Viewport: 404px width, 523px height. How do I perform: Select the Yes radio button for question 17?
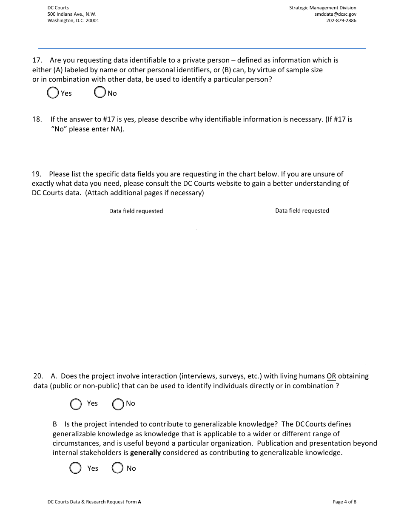pos(53,93)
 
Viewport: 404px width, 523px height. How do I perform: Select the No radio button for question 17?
pos(100,92)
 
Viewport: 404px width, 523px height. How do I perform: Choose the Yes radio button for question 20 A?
pos(76,404)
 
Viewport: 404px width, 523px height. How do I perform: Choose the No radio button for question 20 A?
pos(118,404)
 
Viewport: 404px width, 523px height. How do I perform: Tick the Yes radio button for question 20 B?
pos(75,468)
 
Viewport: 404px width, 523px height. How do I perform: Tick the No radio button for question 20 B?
pos(118,468)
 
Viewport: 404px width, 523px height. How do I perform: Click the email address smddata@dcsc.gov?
pos(335,14)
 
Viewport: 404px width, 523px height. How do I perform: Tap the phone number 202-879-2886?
pos(341,20)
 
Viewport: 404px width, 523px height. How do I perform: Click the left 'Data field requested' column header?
pos(136,211)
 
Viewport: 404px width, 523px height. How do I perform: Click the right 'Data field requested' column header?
pos(302,210)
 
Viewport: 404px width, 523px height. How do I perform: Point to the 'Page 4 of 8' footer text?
pos(344,502)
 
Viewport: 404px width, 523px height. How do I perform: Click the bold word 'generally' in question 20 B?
pos(145,453)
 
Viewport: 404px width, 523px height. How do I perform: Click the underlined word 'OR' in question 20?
pos(331,376)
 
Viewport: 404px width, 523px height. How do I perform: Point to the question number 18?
pos(37,119)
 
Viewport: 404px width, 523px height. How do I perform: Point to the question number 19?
pos(37,174)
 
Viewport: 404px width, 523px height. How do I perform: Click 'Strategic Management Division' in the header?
pos(323,8)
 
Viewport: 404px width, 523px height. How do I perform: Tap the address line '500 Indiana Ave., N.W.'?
pos(71,14)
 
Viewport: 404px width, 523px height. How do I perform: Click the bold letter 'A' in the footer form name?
pos(139,502)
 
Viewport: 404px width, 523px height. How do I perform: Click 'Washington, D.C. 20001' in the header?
pos(73,20)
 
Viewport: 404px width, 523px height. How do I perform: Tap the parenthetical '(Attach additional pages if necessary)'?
pos(145,193)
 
